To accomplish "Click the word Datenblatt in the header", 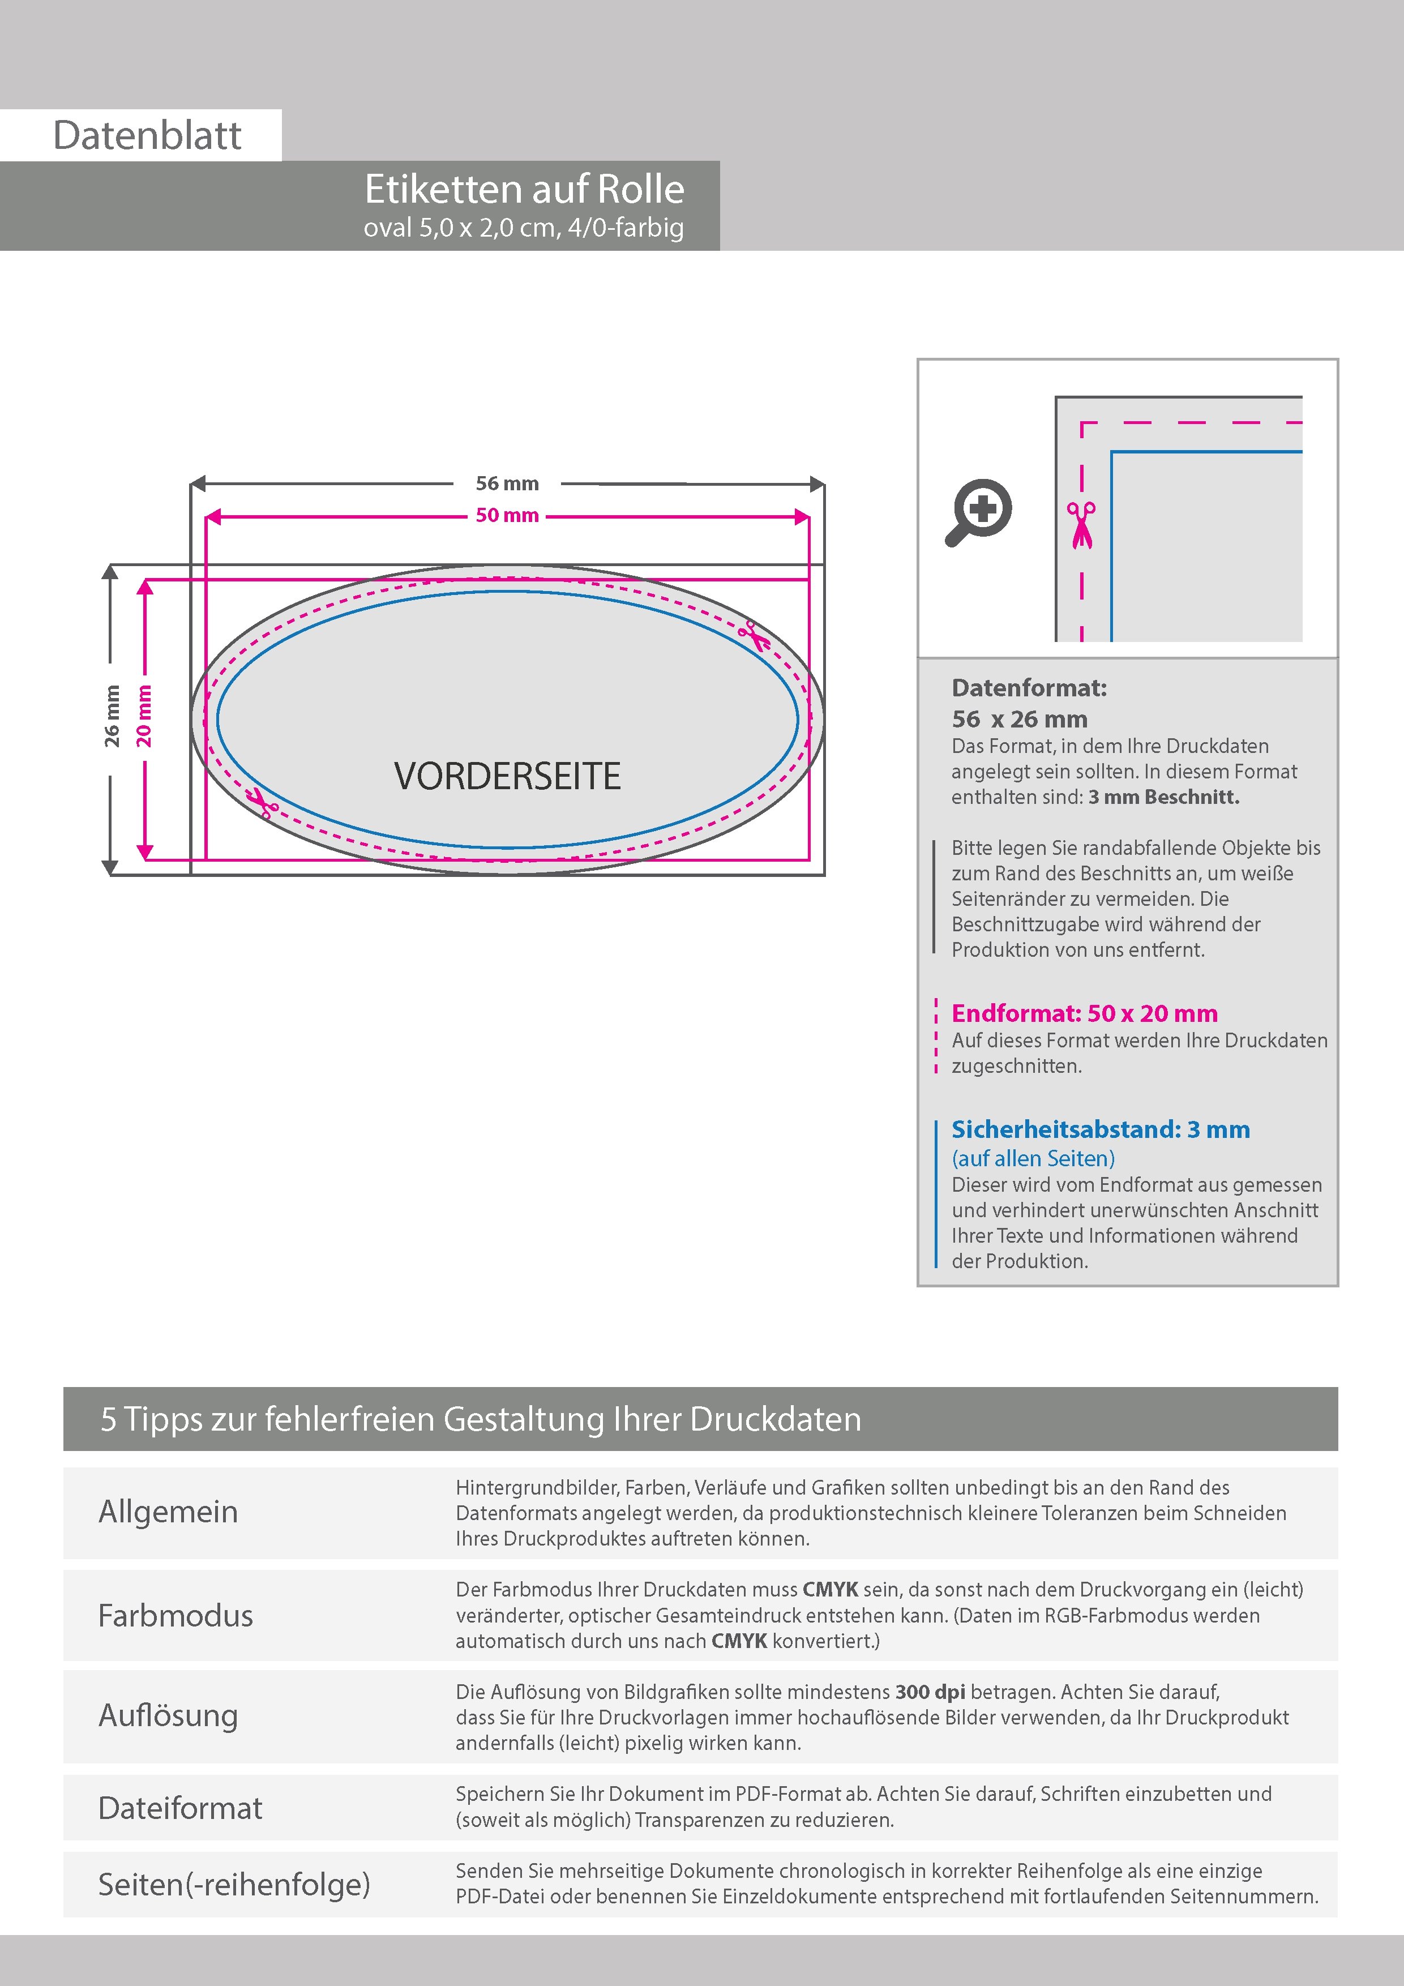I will coord(147,136).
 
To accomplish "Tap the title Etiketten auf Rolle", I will coord(524,190).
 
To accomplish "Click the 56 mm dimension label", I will coord(507,483).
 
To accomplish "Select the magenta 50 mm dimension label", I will coord(507,516).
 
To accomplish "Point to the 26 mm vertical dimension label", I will coord(112,716).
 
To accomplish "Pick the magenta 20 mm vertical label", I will coord(144,716).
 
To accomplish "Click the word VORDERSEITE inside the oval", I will coord(507,776).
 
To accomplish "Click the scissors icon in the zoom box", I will coord(1081,524).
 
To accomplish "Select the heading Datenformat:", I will coord(1029,688).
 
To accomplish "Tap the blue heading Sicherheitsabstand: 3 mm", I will coord(1101,1129).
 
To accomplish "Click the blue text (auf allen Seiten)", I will coord(1033,1158).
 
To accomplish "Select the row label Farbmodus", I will coord(175,1616).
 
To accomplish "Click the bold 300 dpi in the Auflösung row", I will coord(930,1692).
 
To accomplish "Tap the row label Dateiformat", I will coord(180,1808).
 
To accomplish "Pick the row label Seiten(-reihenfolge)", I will coord(234,1884).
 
